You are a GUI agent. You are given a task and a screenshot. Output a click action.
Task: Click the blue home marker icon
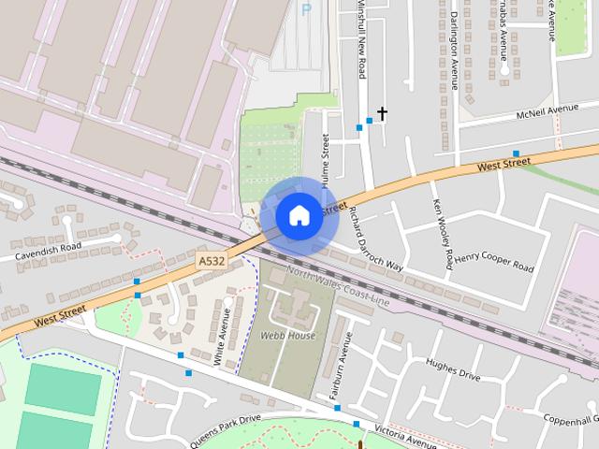point(299,215)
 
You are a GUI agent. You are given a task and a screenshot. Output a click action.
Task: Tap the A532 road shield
point(212,266)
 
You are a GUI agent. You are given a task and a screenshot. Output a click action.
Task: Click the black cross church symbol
point(382,114)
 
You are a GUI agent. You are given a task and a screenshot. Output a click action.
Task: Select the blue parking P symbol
point(305,9)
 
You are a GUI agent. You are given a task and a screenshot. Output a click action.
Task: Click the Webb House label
point(287,335)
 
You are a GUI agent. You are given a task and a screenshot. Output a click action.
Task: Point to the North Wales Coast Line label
point(338,285)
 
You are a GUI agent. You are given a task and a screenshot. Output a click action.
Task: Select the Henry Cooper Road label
point(494,261)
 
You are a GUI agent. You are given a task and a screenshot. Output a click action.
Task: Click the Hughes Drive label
point(453,369)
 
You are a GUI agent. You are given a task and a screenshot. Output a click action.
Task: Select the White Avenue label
point(222,345)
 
